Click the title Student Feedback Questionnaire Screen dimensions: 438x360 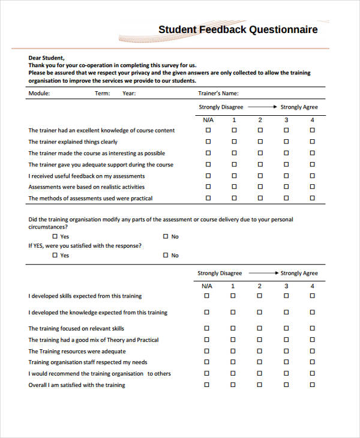click(x=238, y=29)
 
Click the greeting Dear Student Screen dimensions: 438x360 click(x=47, y=58)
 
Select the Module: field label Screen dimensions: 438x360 click(x=39, y=93)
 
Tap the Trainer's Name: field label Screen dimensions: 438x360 click(x=218, y=93)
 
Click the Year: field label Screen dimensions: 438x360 click(x=129, y=93)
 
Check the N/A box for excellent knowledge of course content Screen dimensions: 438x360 click(x=208, y=131)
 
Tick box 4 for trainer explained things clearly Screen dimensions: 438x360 click(x=312, y=142)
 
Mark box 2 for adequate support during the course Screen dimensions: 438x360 click(x=260, y=164)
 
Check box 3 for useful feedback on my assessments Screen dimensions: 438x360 click(x=286, y=176)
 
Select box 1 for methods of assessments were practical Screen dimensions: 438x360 click(x=234, y=198)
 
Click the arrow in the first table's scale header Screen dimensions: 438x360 click(x=262, y=107)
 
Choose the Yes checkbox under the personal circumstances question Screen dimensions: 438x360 click(x=55, y=236)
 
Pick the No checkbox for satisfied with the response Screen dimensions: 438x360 click(x=166, y=255)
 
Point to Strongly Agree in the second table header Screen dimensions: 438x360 click(x=299, y=273)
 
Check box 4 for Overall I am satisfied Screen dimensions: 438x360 click(x=312, y=385)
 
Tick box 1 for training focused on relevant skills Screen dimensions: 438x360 click(x=234, y=329)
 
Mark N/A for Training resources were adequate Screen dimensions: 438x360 click(x=208, y=351)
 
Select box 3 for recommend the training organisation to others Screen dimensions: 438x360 click(x=286, y=373)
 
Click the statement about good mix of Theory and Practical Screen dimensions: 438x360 click(x=94, y=340)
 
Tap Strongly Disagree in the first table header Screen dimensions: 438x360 click(x=221, y=107)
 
